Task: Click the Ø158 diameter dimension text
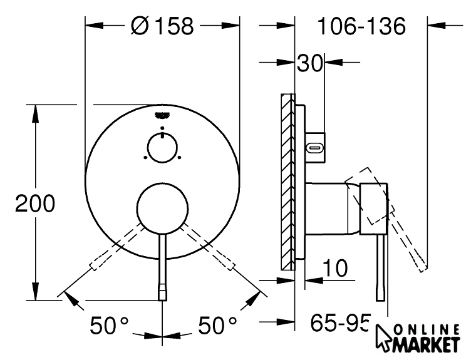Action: pos(162,26)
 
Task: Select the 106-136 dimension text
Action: pos(361,26)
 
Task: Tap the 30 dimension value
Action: pos(309,63)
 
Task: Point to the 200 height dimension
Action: pos(35,203)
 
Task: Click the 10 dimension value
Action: pos(335,268)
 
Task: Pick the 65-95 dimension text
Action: pos(340,322)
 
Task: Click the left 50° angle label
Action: pos(109,326)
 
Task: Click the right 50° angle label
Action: pos(217,326)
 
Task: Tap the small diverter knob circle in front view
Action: pos(162,148)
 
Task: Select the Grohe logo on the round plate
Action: pos(162,115)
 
